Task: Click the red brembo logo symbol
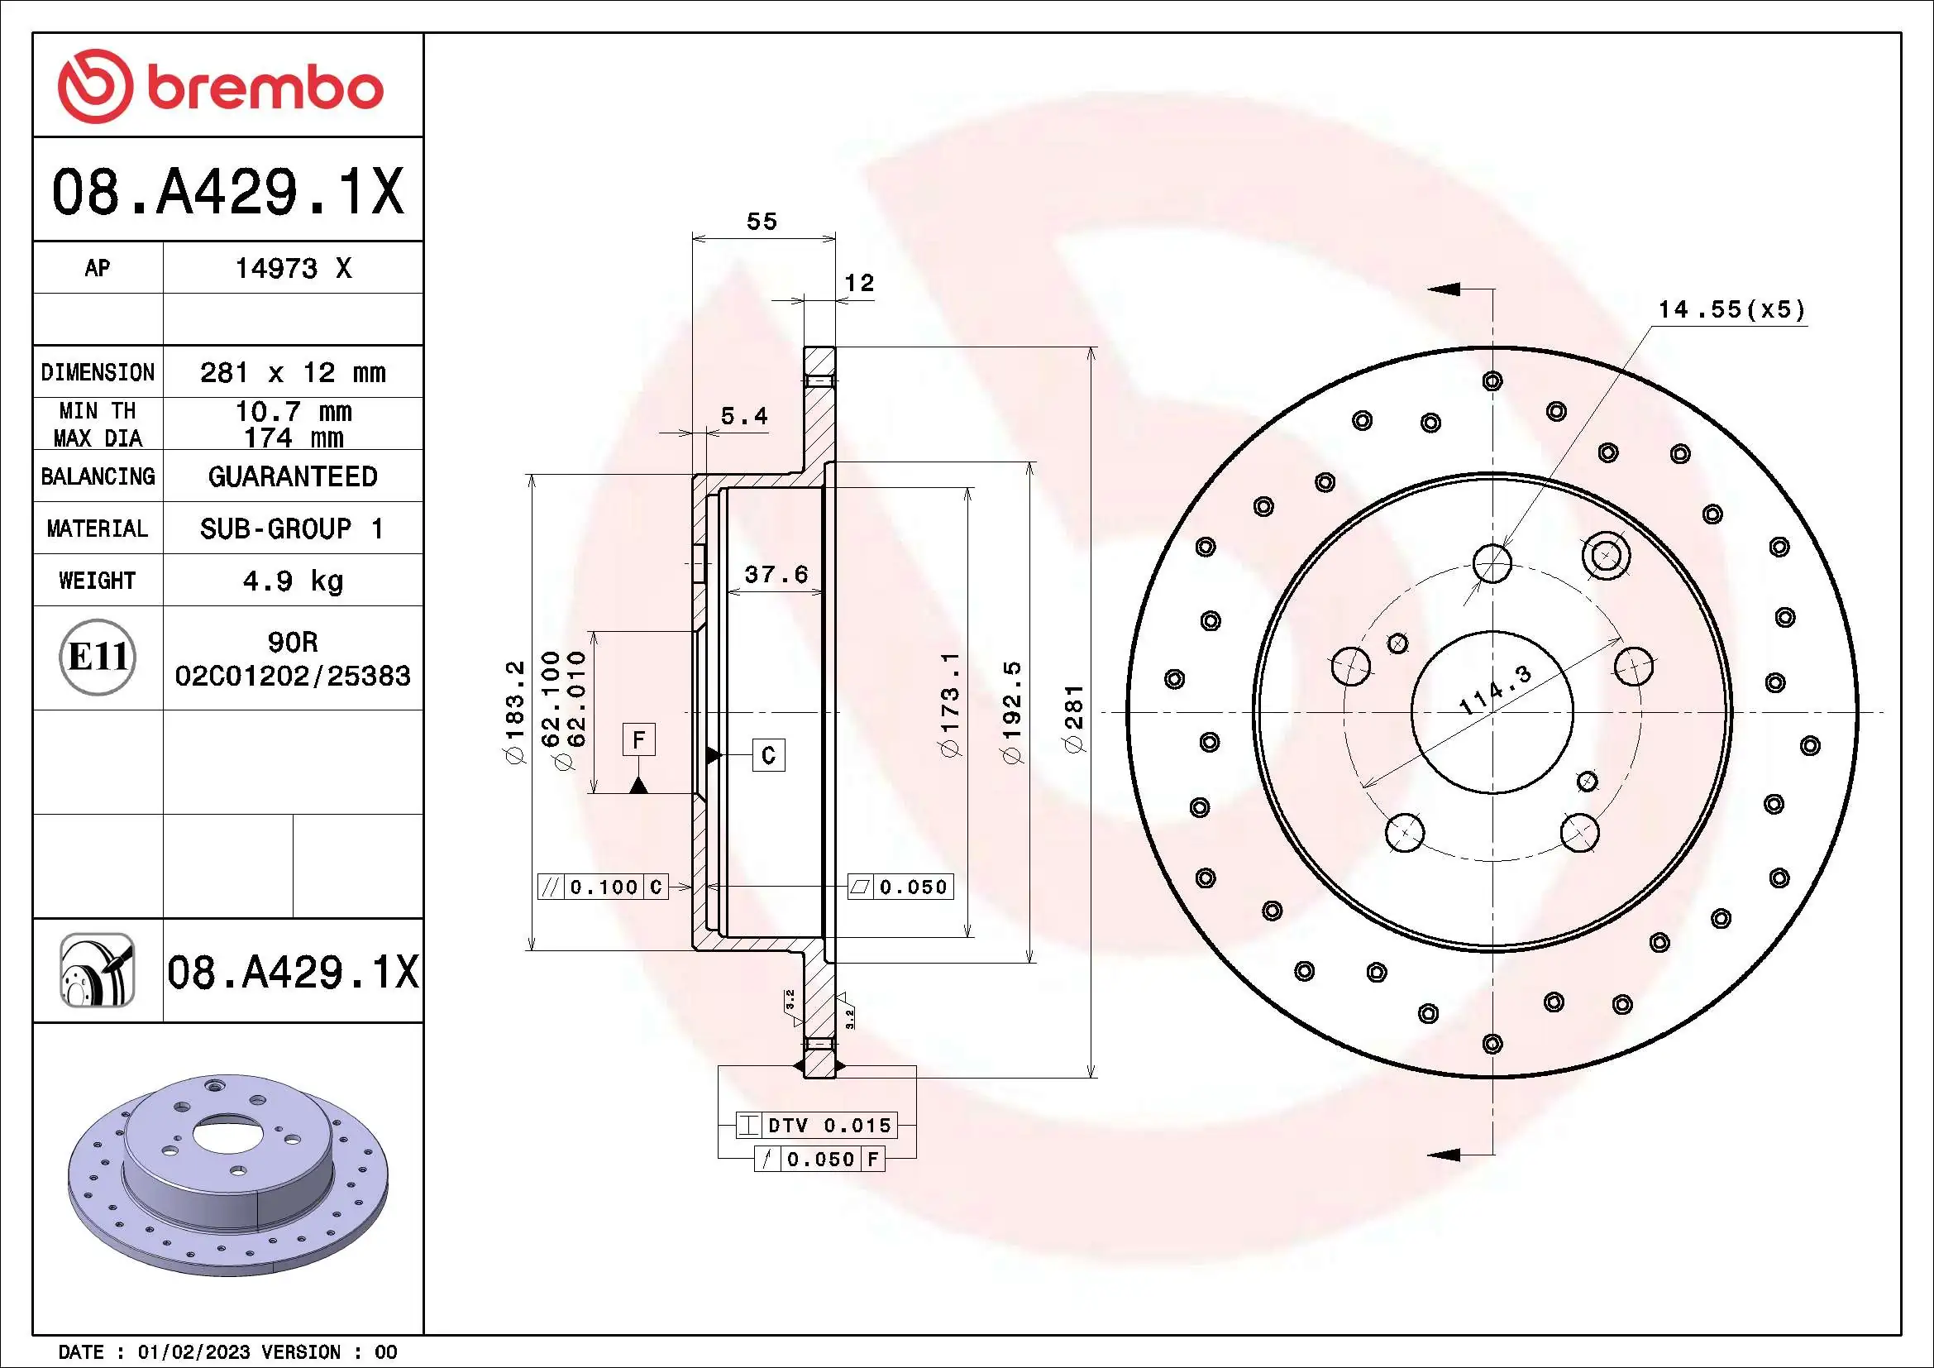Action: click(x=94, y=86)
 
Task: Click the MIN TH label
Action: click(x=97, y=411)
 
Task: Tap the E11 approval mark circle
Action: click(x=98, y=657)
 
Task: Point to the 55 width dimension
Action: click(x=762, y=222)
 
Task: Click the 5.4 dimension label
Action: click(x=744, y=416)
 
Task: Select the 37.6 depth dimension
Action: click(x=776, y=575)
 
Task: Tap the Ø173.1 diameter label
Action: click(x=949, y=704)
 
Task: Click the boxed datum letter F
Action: click(x=638, y=740)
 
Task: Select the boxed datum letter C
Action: click(x=768, y=755)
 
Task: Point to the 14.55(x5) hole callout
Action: click(x=1731, y=310)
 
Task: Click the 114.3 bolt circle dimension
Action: click(x=1494, y=689)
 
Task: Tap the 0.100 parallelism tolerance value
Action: click(x=603, y=887)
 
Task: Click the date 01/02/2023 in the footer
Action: click(x=193, y=1352)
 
